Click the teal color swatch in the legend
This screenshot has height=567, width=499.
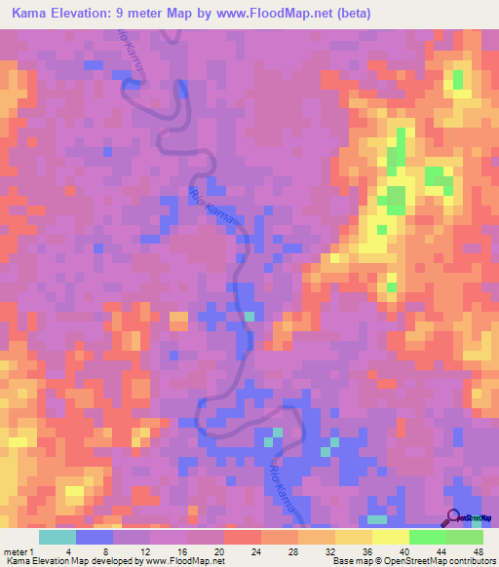click(x=57, y=537)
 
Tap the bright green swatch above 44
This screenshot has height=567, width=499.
click(x=427, y=537)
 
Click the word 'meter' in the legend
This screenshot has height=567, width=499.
click(x=18, y=550)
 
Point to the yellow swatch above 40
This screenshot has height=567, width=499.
click(x=390, y=537)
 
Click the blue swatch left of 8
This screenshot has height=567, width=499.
click(x=94, y=537)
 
